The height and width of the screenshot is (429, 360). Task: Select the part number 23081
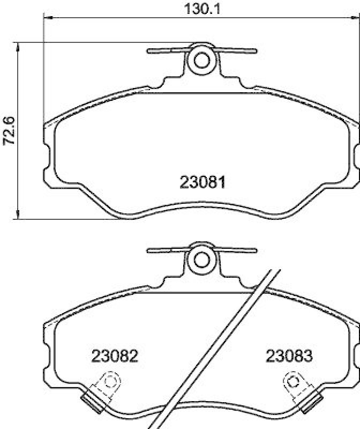[x=202, y=182]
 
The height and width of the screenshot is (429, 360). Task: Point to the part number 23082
[x=115, y=356]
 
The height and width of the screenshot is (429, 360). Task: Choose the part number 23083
[x=289, y=356]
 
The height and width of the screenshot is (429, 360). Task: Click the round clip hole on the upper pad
[x=202, y=60]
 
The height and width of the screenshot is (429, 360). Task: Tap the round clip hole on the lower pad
[x=202, y=260]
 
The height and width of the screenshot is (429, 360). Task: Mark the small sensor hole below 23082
[x=111, y=383]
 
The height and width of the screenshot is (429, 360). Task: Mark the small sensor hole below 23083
[x=292, y=383]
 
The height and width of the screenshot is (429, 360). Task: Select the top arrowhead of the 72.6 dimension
[x=19, y=45]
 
